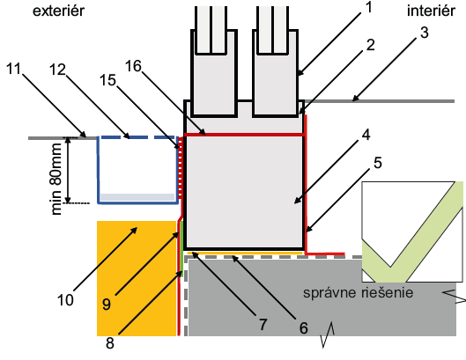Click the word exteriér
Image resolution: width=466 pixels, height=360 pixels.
point(58,11)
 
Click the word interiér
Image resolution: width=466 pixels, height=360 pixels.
point(431,11)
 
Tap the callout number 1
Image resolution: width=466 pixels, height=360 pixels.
point(369,7)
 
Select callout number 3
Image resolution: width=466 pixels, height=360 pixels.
point(425,33)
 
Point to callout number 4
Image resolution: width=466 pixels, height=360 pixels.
point(366,135)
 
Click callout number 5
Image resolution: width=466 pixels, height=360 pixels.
point(377,163)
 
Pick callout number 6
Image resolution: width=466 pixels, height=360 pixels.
point(303,328)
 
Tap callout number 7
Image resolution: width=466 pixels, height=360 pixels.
point(263,325)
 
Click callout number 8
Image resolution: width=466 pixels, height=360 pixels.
point(110,343)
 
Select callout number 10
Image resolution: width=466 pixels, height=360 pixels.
point(65,300)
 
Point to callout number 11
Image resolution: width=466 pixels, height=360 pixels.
point(14,69)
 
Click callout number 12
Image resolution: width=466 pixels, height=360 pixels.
point(57,70)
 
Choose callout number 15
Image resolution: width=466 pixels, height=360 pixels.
point(107,80)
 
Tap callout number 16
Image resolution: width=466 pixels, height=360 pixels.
point(133,66)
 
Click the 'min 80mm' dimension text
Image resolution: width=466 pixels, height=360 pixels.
point(56,179)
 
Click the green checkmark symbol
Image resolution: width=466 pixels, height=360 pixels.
point(412,231)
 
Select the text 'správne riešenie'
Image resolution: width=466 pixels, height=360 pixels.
point(359,293)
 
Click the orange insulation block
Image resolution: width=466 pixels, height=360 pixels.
point(137,278)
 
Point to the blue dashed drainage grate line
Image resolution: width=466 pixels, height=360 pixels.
point(137,137)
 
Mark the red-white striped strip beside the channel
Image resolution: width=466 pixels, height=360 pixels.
point(180,168)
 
